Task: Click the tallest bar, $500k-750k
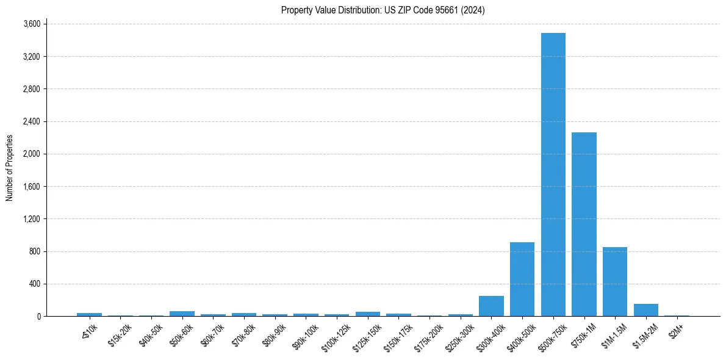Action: [x=553, y=175]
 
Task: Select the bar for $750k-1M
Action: [x=584, y=224]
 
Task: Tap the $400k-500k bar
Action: [x=522, y=279]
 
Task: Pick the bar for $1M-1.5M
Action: [x=615, y=282]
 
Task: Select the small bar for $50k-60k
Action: [x=182, y=314]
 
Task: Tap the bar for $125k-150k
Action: [x=367, y=314]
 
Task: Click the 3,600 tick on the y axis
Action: [x=32, y=24]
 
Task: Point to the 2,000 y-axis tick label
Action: [x=32, y=154]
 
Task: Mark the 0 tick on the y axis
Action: [x=38, y=316]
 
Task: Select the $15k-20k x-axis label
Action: [x=119, y=335]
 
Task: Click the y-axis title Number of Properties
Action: [x=9, y=168]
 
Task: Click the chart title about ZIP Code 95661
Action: [x=383, y=10]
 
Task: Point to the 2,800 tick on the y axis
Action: [x=32, y=89]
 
